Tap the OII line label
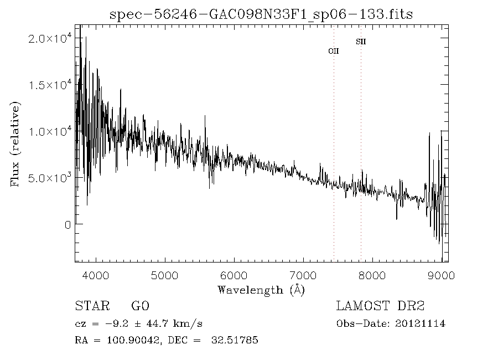334,51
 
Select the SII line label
361,42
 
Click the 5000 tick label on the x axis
165,275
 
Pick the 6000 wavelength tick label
234,275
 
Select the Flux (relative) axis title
15,144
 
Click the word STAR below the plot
89,306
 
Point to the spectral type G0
140,306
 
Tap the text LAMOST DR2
380,306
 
